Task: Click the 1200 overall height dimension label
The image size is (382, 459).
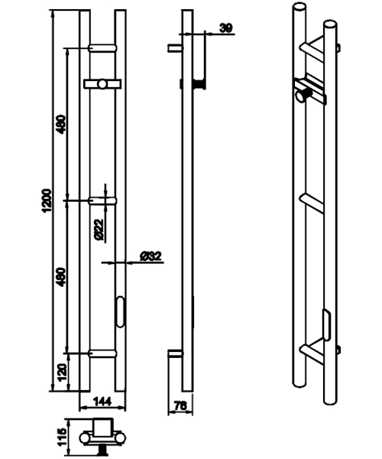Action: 47,200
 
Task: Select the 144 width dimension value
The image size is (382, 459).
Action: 102,402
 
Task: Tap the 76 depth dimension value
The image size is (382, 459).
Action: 180,406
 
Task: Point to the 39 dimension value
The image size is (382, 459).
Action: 226,28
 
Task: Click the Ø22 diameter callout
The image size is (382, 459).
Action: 99,229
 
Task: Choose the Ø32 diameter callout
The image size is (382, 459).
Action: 151,256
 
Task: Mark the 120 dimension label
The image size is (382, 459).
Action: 62,373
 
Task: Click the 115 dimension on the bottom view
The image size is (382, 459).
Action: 62,438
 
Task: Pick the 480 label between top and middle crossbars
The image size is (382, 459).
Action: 61,125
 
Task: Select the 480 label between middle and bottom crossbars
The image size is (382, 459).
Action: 61,277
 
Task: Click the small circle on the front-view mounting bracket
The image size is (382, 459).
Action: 102,84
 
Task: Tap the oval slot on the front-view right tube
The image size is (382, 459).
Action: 120,312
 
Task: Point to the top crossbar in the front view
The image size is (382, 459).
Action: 102,48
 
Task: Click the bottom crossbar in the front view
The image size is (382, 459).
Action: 102,353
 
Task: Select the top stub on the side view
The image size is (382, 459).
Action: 175,48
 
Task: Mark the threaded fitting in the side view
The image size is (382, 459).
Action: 199,85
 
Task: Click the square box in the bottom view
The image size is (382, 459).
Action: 102,428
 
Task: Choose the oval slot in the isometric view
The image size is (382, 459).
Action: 327,325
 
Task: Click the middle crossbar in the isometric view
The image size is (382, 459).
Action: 312,203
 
